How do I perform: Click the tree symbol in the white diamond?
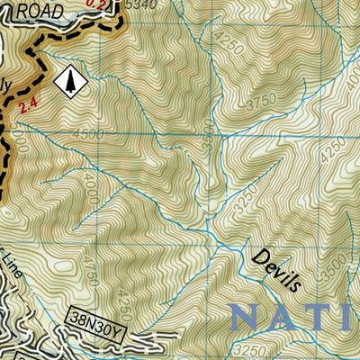coord(69,81)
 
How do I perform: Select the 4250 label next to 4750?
coord(124,301)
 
